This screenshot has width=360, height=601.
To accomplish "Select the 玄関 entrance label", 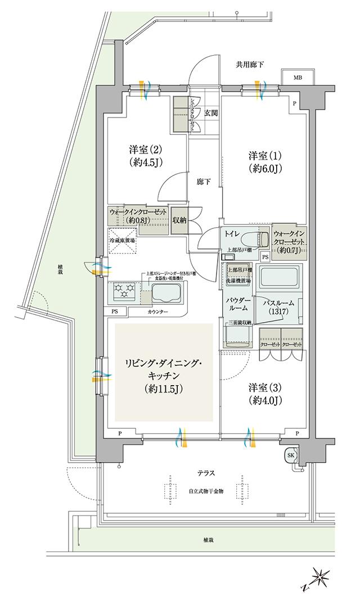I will click(210, 112).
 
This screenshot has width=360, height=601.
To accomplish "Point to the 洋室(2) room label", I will click(145, 156).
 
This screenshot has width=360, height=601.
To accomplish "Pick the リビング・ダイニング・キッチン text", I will click(164, 372).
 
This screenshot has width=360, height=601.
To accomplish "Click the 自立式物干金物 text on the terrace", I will click(206, 491).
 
